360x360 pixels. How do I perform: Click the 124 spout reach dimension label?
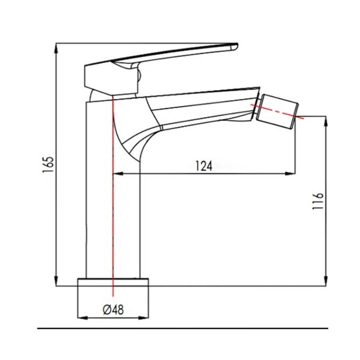203,166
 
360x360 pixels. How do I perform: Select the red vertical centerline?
112,193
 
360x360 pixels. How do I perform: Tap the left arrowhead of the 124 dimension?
116,173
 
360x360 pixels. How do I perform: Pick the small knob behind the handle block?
139,75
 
